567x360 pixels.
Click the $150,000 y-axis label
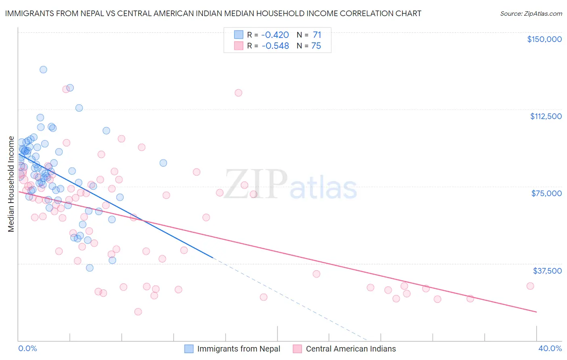[544, 39]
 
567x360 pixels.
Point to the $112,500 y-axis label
[546, 116]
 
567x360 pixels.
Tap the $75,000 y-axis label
[546, 193]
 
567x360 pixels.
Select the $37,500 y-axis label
[547, 271]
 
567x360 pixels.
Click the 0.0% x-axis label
[27, 348]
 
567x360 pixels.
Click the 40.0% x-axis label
[550, 348]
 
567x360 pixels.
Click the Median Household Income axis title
[11, 184]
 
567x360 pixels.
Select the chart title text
[213, 13]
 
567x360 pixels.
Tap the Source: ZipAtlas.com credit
[531, 14]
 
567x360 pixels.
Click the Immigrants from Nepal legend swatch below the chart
[189, 349]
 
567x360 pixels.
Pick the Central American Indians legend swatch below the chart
[298, 349]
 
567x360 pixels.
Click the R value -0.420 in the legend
[275, 35]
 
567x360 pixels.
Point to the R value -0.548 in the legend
[275, 46]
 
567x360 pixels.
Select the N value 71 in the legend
[317, 35]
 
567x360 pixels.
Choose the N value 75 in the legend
[316, 46]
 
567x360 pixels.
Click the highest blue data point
[43, 69]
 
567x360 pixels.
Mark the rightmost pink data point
[530, 286]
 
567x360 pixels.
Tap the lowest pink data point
[138, 312]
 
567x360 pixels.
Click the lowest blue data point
[90, 268]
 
